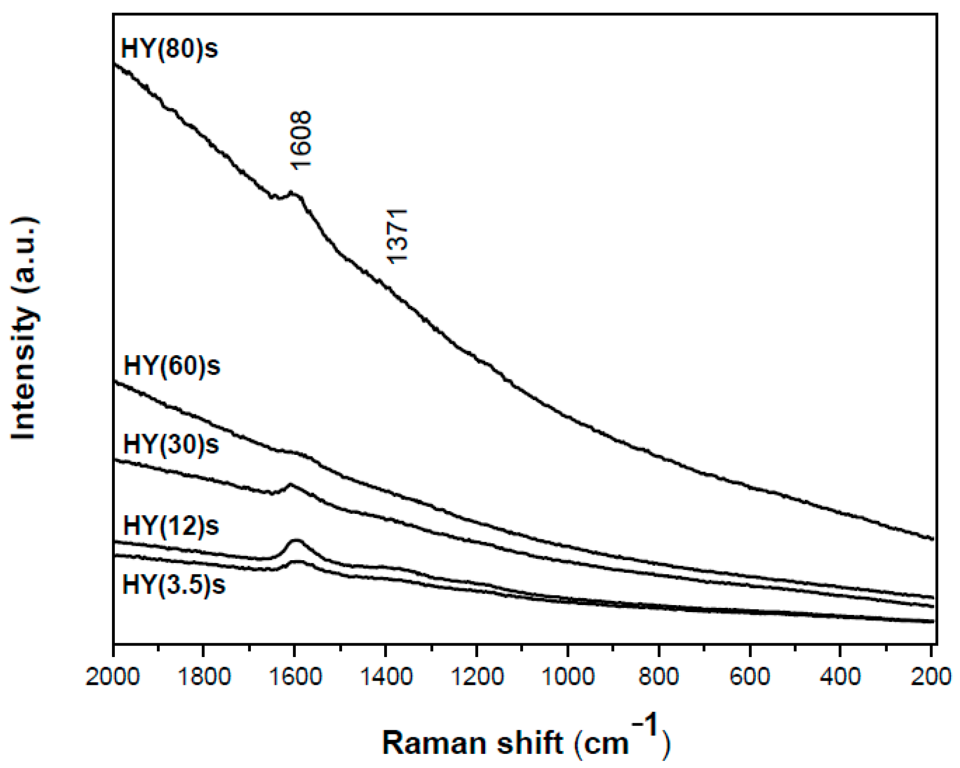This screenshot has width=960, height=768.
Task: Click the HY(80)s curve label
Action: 170,49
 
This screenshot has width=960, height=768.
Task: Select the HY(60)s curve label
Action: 171,366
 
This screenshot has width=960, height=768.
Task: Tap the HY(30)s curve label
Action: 171,444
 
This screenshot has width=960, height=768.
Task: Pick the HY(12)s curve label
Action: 171,525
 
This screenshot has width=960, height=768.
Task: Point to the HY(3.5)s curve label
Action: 174,585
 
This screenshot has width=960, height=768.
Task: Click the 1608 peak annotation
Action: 300,140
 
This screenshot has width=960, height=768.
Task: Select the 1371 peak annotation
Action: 397,235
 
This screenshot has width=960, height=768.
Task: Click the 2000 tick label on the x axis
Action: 113,677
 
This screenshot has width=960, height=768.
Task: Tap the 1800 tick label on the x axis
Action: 204,677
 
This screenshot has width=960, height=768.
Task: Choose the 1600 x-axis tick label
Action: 295,677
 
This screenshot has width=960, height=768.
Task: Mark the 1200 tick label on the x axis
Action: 477,677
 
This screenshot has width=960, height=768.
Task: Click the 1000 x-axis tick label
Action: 568,677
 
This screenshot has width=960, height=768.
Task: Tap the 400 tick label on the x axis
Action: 840,677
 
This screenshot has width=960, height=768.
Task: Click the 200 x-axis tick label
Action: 931,677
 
